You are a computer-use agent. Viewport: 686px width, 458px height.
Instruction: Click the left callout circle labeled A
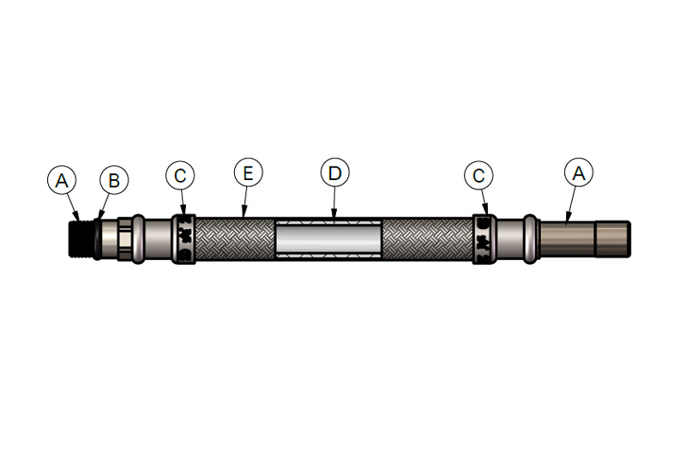coord(62,180)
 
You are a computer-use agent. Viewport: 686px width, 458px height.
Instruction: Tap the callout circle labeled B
coord(114,180)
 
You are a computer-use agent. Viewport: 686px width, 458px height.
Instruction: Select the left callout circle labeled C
coord(180,176)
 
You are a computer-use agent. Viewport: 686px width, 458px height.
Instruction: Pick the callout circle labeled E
coord(248,172)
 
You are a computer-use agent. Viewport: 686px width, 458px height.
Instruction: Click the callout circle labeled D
coord(334,172)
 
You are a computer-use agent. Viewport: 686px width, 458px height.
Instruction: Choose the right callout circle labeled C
coord(478,176)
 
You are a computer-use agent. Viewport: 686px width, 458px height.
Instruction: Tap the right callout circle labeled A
coord(579,172)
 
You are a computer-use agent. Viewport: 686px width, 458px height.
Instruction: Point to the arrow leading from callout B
coord(103,207)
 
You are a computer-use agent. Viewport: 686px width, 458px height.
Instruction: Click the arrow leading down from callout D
coord(334,202)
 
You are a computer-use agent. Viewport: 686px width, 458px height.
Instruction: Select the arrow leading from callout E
coord(244,202)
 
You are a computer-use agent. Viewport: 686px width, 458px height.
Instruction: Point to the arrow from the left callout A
coord(73,208)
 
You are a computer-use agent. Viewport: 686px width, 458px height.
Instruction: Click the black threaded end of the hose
coord(81,238)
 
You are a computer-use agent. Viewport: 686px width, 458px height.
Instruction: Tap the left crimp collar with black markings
coord(183,238)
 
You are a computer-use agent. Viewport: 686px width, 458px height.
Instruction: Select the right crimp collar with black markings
coord(484,238)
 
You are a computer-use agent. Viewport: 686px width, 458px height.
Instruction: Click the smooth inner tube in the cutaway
coord(328,238)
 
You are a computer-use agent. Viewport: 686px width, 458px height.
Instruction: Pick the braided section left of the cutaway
coord(235,238)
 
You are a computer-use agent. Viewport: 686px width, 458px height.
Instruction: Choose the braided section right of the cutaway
coord(427,238)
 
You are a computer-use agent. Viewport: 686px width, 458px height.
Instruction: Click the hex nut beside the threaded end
coord(124,238)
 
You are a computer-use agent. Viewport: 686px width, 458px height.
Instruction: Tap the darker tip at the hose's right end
coord(613,238)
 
